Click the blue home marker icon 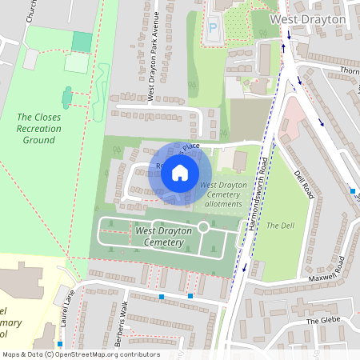pos(180,172)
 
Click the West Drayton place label pos(308,18)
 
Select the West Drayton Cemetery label pos(164,236)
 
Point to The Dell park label pos(281,226)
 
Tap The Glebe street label pos(323,322)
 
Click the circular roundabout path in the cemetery pos(203,228)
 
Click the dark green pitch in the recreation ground pos(82,42)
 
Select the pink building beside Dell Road pos(293,120)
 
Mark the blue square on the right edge pos(353,191)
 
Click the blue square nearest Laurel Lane pos(59,344)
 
